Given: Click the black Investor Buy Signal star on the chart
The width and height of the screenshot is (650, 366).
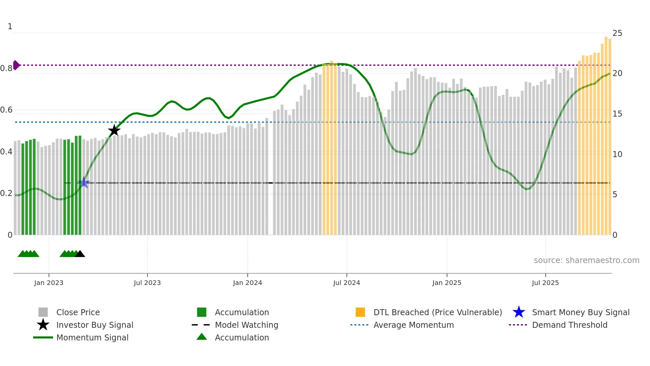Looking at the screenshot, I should (x=114, y=131).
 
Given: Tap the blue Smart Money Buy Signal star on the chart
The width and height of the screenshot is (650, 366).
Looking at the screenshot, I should (x=84, y=183).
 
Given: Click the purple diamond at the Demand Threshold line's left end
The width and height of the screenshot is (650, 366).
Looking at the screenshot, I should (x=16, y=65).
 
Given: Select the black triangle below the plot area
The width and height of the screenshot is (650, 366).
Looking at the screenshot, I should (x=80, y=254).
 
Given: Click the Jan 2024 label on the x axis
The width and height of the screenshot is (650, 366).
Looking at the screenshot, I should (x=247, y=283).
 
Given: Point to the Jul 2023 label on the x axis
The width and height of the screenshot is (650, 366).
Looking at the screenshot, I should (x=147, y=283).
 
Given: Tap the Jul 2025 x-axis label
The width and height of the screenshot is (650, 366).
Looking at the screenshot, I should (x=545, y=283).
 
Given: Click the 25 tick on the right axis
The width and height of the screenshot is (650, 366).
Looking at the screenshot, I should (x=617, y=33).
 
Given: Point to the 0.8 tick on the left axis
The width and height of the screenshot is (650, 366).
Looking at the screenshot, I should (x=7, y=68).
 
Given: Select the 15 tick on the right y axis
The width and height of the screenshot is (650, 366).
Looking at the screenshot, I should (x=617, y=114).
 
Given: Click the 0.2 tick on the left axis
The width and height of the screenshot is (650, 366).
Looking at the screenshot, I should (x=7, y=193).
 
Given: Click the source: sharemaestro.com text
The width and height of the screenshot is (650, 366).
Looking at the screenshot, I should (x=586, y=260).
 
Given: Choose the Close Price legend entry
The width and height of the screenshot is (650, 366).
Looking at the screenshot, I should (x=78, y=313).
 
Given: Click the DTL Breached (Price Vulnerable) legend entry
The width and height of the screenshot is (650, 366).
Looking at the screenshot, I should (x=437, y=313).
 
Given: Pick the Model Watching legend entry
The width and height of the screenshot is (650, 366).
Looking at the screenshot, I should (x=246, y=325).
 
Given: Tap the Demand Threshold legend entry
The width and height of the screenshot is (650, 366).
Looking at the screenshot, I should (x=569, y=325).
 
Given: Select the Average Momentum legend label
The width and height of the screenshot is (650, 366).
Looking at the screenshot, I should (x=414, y=325).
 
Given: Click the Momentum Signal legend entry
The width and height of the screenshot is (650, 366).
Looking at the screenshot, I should (x=92, y=338).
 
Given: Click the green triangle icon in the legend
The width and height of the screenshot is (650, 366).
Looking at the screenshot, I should (x=202, y=337).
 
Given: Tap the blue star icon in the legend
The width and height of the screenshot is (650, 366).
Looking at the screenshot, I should (x=519, y=312).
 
